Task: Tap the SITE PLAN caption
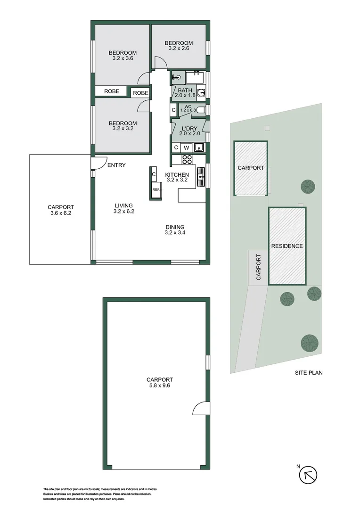coord(309,373)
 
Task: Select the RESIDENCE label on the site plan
coord(286,246)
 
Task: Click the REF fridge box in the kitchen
coord(155,189)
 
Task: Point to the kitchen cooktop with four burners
coord(187,159)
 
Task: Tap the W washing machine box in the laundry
coord(187,148)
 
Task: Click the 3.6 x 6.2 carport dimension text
coord(61,213)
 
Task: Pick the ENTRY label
coord(116,165)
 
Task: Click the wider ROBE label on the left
coord(112,91)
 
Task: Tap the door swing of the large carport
coord(200,410)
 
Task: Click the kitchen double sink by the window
coord(201,177)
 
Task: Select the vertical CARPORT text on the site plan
coord(258,267)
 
